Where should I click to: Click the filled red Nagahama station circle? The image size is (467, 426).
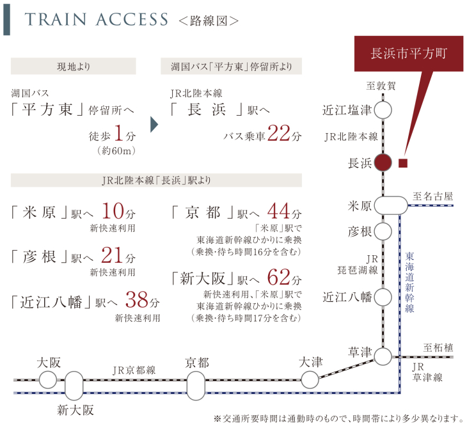click(x=383, y=162)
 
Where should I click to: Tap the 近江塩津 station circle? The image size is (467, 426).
click(x=383, y=110)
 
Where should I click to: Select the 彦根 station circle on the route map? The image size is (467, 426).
click(x=383, y=230)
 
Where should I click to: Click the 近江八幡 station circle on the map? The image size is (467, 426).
click(x=383, y=297)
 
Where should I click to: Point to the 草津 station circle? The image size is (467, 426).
click(x=383, y=356)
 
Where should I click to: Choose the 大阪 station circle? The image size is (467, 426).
click(x=48, y=380)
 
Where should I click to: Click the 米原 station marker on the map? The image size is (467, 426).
click(x=390, y=206)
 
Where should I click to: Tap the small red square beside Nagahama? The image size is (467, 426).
click(x=402, y=162)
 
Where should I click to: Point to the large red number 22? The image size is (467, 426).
click(x=279, y=135)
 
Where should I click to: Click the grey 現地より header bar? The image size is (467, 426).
click(x=74, y=67)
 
